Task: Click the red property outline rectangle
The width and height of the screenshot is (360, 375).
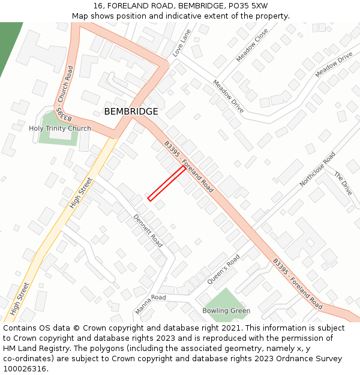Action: click(x=166, y=183)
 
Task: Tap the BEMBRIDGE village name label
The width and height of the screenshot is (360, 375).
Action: click(x=131, y=112)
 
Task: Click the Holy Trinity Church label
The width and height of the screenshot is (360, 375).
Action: click(x=60, y=128)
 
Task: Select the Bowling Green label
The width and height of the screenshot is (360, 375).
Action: click(x=226, y=311)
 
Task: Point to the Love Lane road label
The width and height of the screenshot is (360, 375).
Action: click(x=182, y=43)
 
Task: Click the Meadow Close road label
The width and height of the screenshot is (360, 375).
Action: click(x=252, y=45)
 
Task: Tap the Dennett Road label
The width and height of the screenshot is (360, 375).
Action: click(x=148, y=230)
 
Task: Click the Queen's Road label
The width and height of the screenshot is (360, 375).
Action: click(x=223, y=269)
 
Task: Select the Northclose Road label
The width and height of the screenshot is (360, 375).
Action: click(x=317, y=169)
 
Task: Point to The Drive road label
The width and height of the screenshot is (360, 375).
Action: click(x=343, y=183)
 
